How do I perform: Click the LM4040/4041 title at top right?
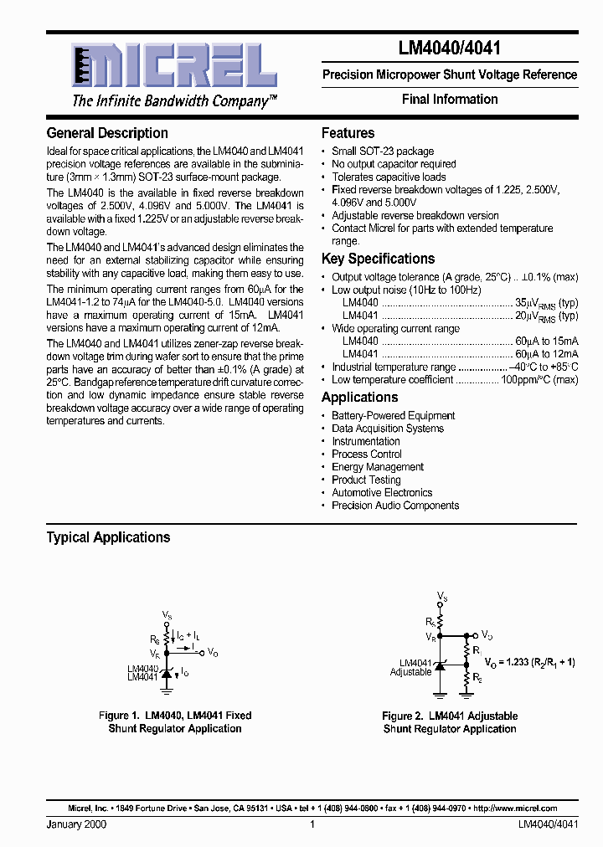coord(450,49)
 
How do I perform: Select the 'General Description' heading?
coord(106,133)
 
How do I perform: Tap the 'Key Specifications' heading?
coord(378,259)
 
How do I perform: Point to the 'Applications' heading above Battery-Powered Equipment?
coord(359,398)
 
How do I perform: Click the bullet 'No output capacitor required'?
coord(394,164)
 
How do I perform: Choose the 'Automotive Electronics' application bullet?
coord(382,493)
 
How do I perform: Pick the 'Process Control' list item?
coord(367,454)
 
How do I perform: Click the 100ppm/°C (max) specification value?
coord(539,380)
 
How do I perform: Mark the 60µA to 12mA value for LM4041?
coord(546,354)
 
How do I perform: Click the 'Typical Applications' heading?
coord(108,537)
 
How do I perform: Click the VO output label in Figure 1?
coord(213,653)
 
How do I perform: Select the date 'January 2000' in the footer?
coord(76,825)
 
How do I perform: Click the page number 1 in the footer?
coord(312,825)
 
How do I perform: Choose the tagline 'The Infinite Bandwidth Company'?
coord(174,101)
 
